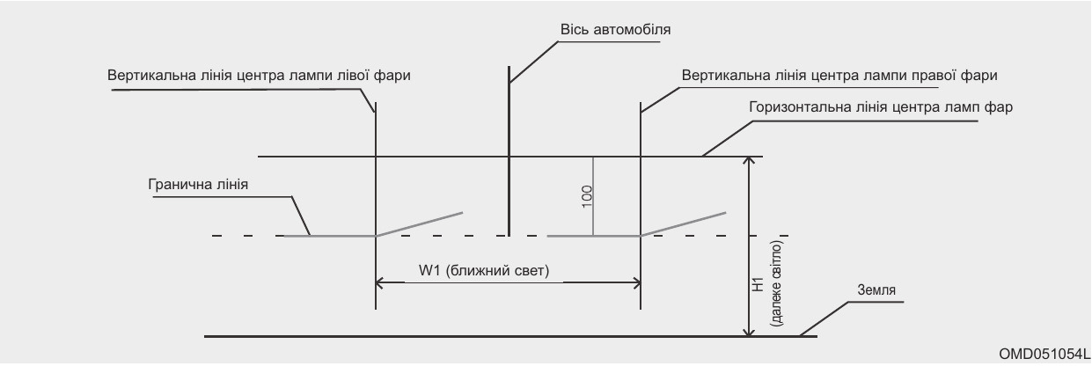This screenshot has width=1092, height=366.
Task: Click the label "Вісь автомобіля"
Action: tap(616, 30)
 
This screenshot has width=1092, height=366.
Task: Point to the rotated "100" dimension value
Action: tap(587, 195)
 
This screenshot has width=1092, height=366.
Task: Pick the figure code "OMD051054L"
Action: tap(1044, 353)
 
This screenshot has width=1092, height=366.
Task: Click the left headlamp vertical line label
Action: tap(260, 76)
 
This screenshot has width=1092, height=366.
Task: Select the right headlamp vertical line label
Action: tap(839, 76)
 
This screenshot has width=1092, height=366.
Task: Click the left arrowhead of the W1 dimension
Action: tap(381, 282)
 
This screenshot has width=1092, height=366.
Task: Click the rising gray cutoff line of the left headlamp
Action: tap(420, 223)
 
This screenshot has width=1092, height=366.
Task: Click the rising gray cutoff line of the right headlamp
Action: tap(684, 223)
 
